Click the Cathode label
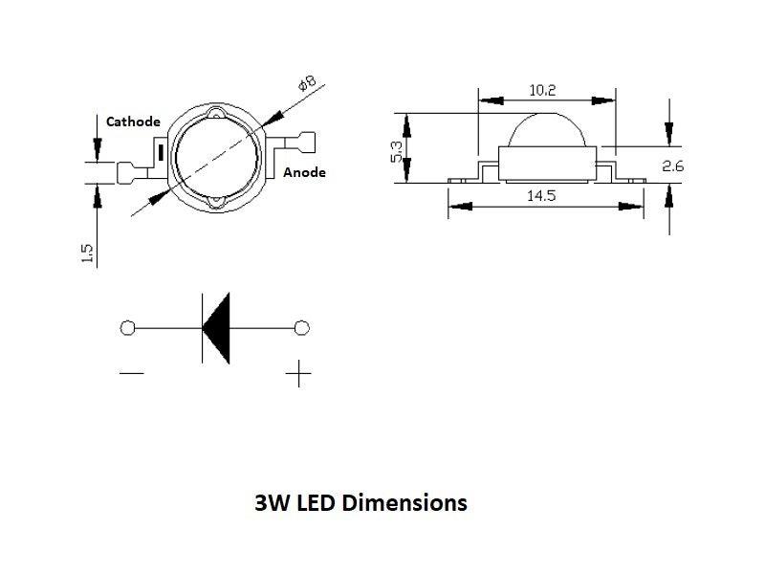pyautogui.click(x=133, y=121)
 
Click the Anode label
pyautogui.click(x=305, y=172)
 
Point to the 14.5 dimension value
pyautogui.click(x=541, y=195)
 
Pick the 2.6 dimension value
pyautogui.click(x=673, y=166)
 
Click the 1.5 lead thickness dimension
pyautogui.click(x=87, y=254)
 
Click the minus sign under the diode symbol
pyautogui.click(x=132, y=373)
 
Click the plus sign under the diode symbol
pyautogui.click(x=299, y=373)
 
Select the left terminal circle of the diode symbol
pyautogui.click(x=128, y=328)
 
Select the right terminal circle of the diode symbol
pyautogui.click(x=302, y=328)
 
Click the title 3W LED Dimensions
pyautogui.click(x=361, y=502)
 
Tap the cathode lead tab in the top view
pyautogui.click(x=125, y=173)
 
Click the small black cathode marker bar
pyautogui.click(x=161, y=151)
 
